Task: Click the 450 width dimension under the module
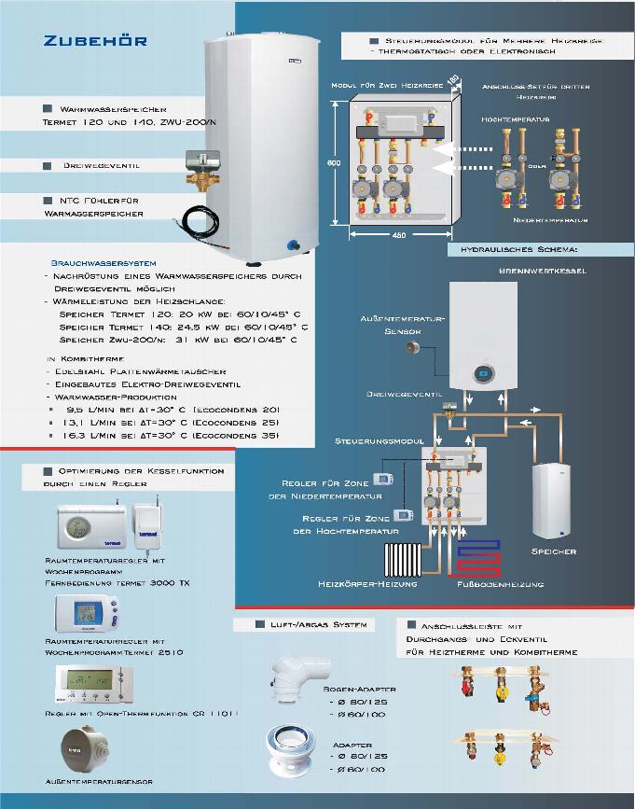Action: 399,235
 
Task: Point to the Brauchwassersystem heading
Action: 103,264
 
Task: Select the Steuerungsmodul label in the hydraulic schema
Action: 373,439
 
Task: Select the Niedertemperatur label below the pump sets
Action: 551,220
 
